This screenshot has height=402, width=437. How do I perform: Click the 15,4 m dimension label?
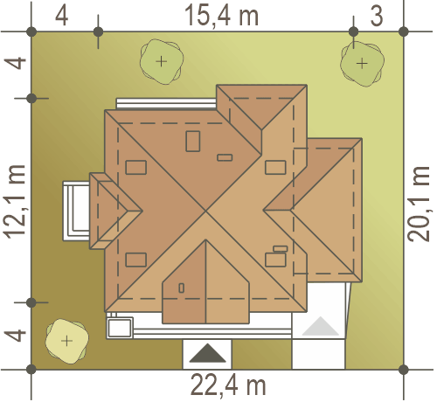point(221,16)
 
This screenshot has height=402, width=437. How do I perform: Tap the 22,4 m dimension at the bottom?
point(228,385)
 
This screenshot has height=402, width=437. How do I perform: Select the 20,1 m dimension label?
point(419,204)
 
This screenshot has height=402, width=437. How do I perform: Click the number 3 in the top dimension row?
point(377,16)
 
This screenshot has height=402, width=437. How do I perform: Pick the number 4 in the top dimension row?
point(62,16)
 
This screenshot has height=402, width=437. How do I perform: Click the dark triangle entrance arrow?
point(207,353)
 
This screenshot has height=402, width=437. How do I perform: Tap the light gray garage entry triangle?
point(321,326)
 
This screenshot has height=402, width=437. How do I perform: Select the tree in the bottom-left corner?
point(66,341)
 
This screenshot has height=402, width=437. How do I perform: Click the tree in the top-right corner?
point(362,64)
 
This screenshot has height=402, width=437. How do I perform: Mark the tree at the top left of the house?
point(162,61)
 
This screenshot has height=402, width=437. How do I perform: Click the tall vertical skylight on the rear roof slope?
point(193,142)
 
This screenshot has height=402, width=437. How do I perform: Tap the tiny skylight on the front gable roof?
point(181,288)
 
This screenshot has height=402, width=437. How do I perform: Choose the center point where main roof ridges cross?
point(205,211)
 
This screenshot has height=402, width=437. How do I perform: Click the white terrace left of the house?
point(76,211)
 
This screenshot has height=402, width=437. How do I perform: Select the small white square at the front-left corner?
point(120,328)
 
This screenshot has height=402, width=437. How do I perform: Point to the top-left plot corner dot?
point(31,31)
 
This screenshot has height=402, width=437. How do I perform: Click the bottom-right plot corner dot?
point(404,370)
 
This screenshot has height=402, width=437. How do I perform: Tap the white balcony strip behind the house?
point(166,104)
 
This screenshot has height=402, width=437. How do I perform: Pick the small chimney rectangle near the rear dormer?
point(225,157)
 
